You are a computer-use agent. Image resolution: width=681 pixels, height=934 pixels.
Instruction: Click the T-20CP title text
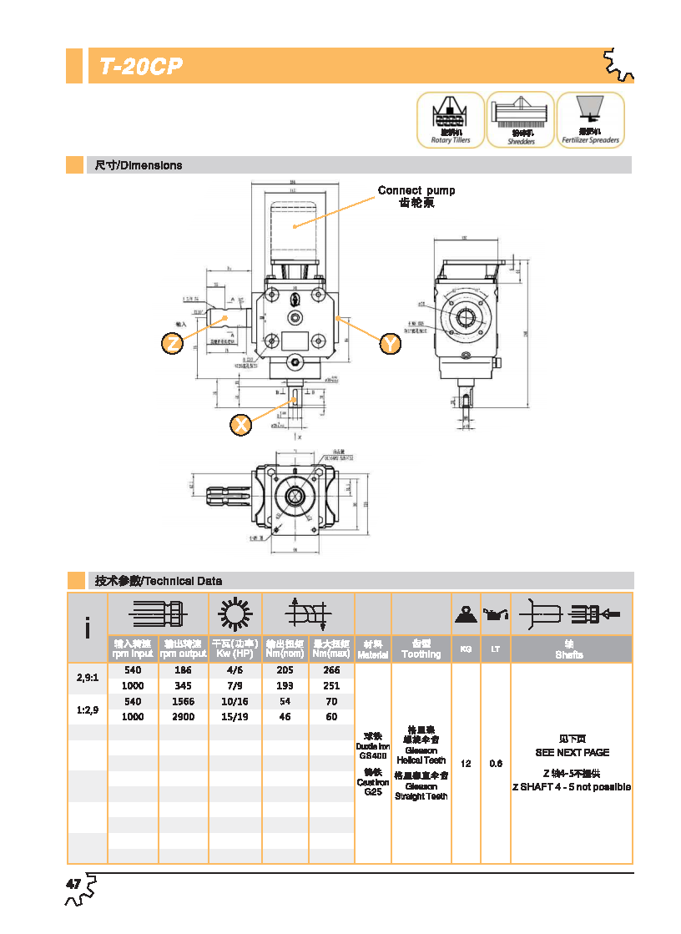point(141,67)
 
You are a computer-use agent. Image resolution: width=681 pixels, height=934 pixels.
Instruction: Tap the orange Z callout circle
point(173,343)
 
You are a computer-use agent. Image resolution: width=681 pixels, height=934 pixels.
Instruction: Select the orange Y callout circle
point(390,343)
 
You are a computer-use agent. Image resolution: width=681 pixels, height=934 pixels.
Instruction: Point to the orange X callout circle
point(241,425)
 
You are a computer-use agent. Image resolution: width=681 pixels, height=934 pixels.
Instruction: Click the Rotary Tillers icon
point(451,120)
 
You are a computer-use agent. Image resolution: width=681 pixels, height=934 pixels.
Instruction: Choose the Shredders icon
point(521,120)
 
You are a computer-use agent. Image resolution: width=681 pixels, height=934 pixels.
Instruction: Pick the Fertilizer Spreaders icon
point(590,120)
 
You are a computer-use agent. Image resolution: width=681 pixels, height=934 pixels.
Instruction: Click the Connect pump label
point(416,190)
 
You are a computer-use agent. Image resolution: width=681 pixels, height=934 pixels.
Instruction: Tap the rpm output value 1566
point(183,701)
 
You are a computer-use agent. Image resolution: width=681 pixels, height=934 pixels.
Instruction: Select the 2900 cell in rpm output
point(183,716)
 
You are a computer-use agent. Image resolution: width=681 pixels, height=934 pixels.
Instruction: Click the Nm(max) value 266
point(331,670)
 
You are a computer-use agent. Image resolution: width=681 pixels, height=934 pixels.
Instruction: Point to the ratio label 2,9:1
point(88,678)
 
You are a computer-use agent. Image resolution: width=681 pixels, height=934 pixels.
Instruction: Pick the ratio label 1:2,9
point(88,709)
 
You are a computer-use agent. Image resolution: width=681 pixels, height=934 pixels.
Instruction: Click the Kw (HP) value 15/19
point(235,716)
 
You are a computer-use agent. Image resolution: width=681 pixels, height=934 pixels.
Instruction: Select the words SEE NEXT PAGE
point(572,752)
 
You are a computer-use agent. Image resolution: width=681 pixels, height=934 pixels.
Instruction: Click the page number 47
point(73,884)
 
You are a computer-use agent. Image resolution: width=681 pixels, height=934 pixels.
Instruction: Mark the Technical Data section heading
point(159,581)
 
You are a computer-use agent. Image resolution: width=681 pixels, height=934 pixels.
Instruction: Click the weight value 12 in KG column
point(466,764)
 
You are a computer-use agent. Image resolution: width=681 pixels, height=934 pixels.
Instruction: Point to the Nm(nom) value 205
point(285,670)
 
